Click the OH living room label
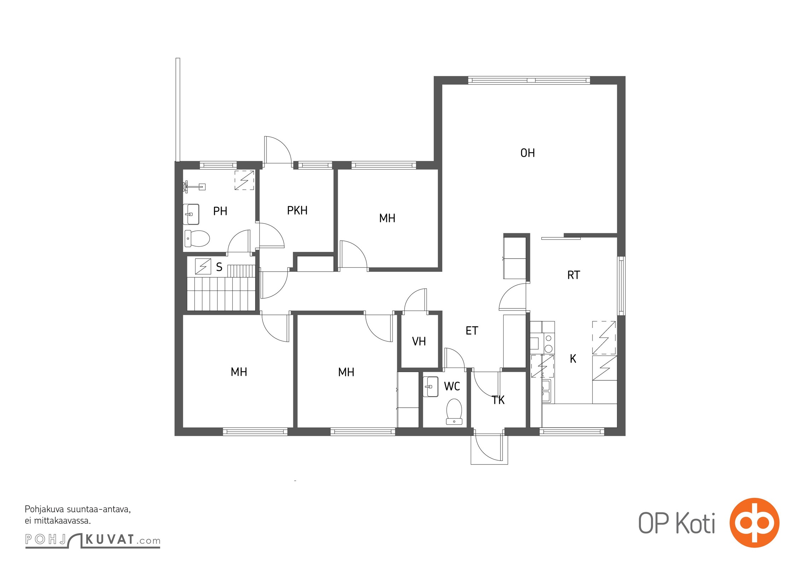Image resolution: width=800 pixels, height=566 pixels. coord(527,153)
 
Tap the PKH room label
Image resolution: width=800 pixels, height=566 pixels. coord(297,210)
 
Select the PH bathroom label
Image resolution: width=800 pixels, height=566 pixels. coord(220,211)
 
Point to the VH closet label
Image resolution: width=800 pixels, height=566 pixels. coord(419,341)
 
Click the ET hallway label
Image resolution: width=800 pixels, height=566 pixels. coord(472,331)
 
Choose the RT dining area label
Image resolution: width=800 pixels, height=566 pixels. coord(574,275)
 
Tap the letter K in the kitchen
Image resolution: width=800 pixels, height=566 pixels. coord(573,359)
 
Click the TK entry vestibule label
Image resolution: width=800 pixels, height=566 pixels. coord(498,400)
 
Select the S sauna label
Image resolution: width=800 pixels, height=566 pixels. coord(219,267)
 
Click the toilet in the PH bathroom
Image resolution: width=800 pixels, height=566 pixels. coord(197,238)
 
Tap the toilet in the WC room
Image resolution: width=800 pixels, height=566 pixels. coord(454,411)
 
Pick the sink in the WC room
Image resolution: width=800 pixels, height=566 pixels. coord(431,387)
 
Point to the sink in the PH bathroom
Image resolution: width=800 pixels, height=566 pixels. coord(191,214)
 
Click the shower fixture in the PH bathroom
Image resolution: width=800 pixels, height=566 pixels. coord(194,186)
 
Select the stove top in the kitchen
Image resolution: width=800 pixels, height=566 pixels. coord(549,344)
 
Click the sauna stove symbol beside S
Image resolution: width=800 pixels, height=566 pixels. coord(203,266)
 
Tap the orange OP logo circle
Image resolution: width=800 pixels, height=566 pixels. coord(754,522)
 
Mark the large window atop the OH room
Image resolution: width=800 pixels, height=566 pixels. coord(529,80)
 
